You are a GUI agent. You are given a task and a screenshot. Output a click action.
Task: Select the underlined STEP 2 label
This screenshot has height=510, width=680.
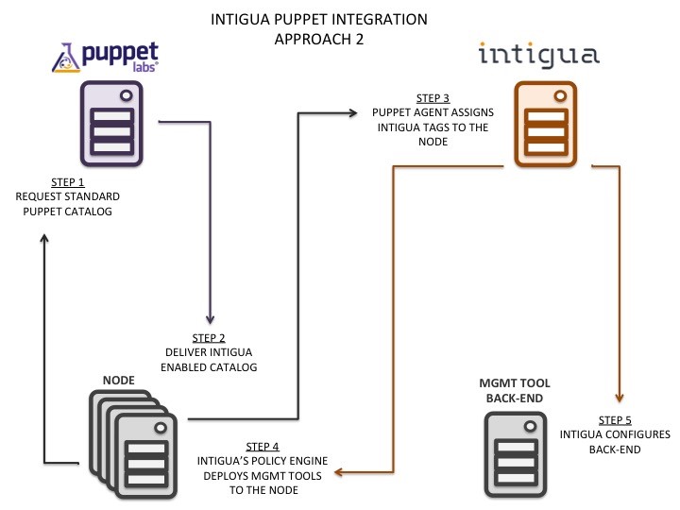point(210,338)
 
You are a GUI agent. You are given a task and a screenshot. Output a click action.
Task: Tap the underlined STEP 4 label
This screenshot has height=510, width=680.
point(263,446)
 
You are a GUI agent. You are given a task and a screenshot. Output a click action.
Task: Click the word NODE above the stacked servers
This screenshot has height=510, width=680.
point(118,380)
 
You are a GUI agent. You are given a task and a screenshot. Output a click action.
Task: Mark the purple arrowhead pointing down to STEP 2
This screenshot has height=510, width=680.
point(210,318)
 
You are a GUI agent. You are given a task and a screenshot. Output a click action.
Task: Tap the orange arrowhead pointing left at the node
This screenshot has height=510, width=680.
point(341,470)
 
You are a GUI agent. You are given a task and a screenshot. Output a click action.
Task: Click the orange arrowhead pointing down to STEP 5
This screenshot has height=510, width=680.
point(620,397)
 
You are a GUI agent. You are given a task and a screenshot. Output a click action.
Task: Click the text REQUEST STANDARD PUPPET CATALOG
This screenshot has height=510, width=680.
point(63,204)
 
